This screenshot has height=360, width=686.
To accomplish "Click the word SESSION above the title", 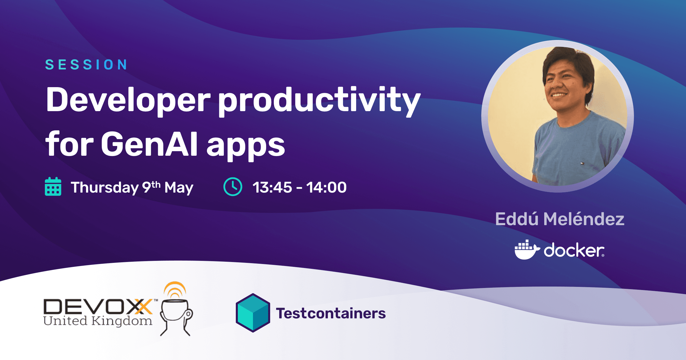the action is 86,65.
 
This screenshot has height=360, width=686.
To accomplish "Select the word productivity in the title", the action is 319,101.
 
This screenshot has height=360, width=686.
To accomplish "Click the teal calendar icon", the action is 53,187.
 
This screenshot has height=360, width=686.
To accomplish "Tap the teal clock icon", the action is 233,187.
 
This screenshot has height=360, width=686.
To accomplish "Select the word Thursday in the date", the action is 105,188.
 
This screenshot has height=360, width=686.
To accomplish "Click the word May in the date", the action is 179,188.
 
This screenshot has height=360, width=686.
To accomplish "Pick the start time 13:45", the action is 272,187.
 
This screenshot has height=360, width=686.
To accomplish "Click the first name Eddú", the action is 517,219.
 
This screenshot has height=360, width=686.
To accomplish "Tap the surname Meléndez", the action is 584,219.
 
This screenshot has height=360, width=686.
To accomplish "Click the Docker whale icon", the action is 527,250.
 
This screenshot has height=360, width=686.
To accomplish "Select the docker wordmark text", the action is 574,250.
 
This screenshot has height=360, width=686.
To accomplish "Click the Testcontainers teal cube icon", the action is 253,313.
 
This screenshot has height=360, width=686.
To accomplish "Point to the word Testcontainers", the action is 331,313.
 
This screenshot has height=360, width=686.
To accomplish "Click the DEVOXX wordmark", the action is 98,307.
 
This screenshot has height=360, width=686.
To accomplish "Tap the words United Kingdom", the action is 98,321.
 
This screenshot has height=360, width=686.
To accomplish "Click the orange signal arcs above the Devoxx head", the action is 175,289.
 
